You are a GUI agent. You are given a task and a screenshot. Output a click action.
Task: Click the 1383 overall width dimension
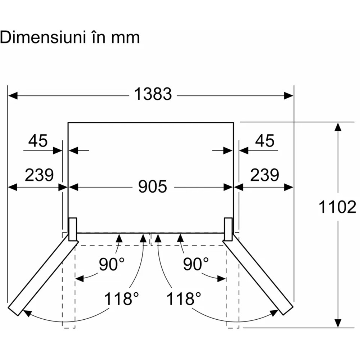[153, 95]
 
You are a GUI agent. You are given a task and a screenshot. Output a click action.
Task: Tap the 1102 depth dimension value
[337, 208]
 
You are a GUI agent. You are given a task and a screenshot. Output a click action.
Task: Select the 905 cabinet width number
[153, 186]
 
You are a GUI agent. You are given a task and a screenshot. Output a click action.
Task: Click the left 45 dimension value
[38, 141]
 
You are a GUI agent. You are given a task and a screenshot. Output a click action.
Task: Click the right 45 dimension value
[265, 141]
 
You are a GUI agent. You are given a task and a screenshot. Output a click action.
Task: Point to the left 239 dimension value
[39, 175]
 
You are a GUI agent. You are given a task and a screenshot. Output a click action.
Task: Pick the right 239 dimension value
[265, 175]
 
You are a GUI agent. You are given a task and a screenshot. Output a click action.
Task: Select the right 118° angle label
[184, 299]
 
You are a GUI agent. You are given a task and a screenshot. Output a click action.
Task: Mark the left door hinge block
[72, 229]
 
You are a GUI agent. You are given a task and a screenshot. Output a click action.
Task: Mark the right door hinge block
[228, 229]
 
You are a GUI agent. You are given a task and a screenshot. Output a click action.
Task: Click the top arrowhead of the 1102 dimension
[338, 127]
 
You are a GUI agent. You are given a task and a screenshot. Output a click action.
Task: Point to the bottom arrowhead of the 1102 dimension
[338, 323]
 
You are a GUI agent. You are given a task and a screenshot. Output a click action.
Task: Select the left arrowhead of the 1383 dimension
[13, 95]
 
